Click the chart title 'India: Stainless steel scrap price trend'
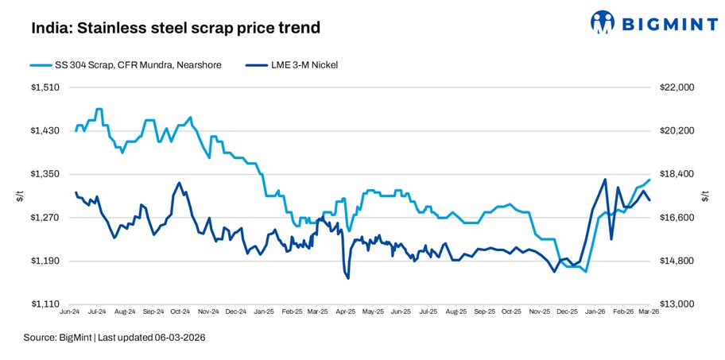coord(176,29)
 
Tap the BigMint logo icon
coord(603,23)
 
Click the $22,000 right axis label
coord(677,87)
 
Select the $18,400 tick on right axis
coord(677,174)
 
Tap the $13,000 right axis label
coord(677,304)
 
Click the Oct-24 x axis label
coord(180,313)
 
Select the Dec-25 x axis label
coord(568,313)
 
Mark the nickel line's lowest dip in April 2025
coord(348,278)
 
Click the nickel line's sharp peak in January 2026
coord(606,180)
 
